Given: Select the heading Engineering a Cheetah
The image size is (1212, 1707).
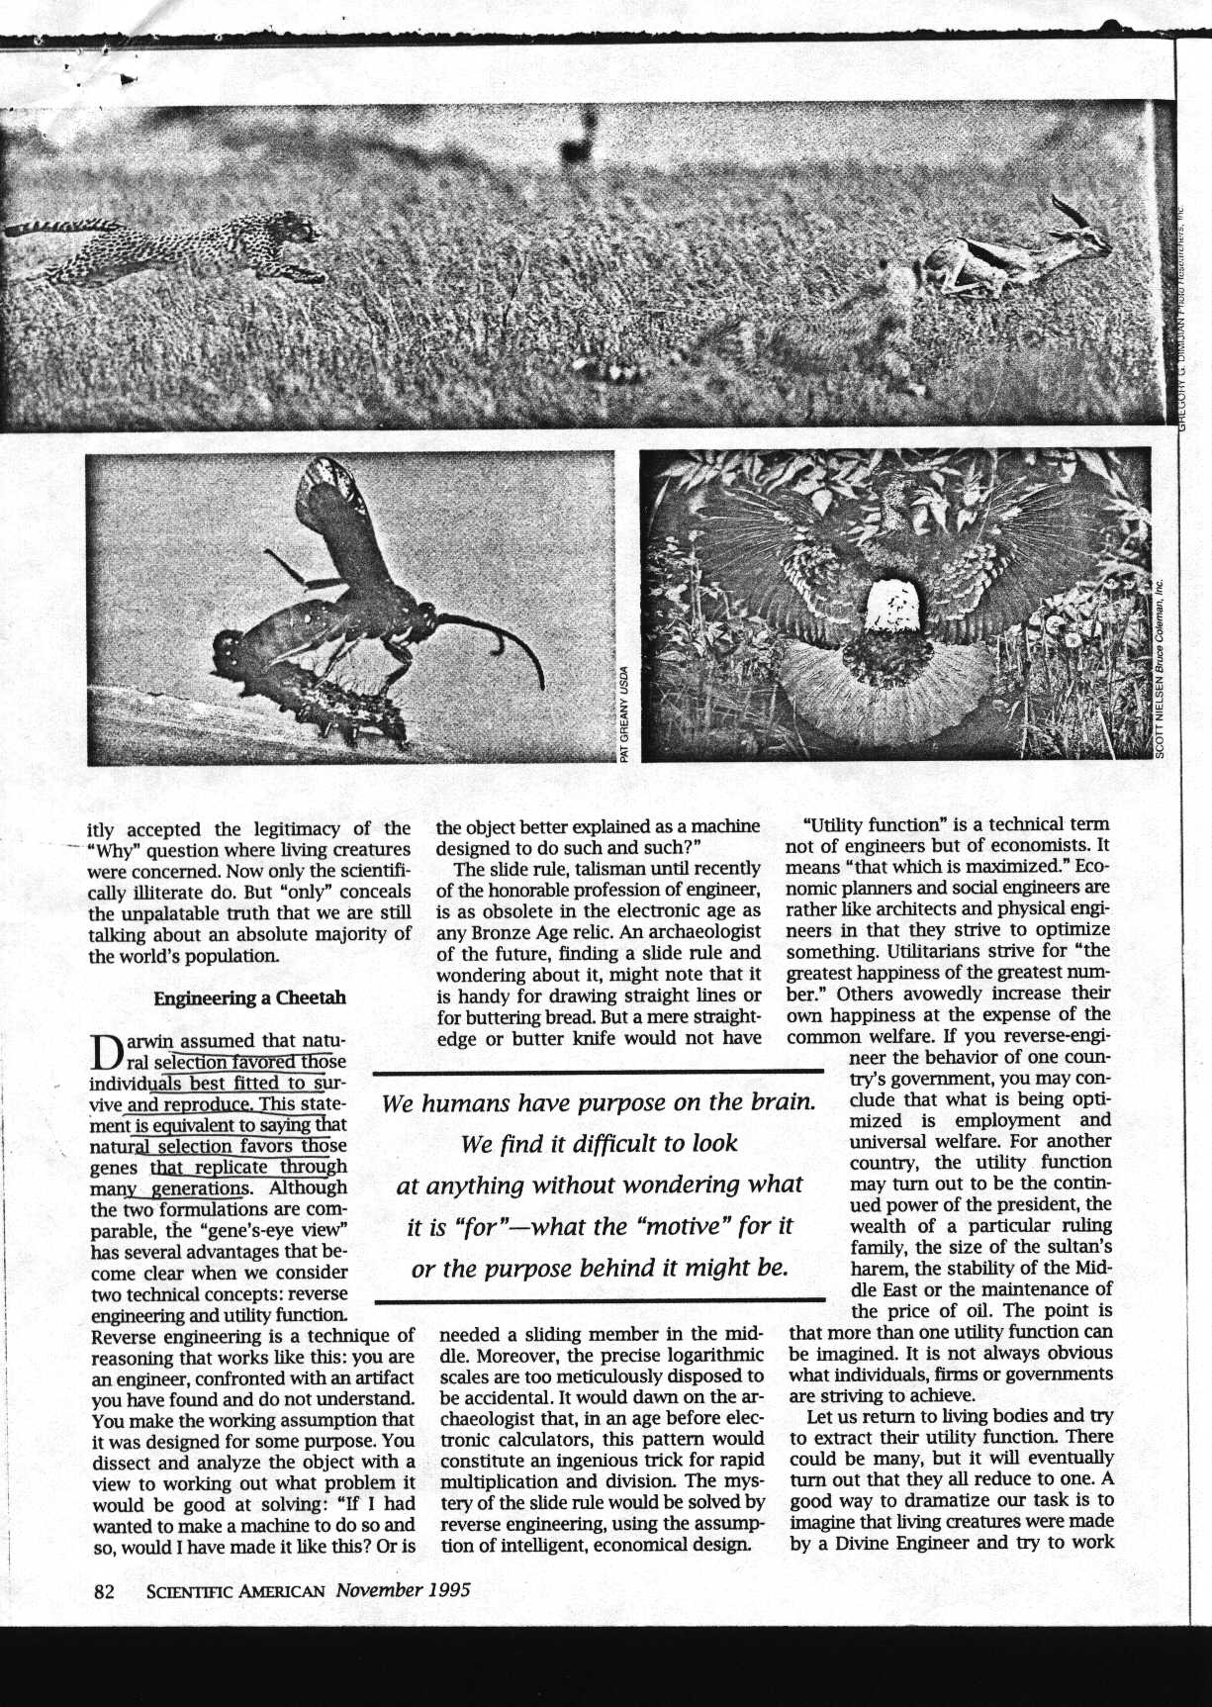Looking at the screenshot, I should (x=249, y=997).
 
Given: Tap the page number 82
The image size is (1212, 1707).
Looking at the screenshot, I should (x=105, y=1590).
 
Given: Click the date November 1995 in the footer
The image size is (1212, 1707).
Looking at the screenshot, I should (x=402, y=1590).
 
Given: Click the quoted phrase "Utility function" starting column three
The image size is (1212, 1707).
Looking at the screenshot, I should (x=864, y=824).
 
